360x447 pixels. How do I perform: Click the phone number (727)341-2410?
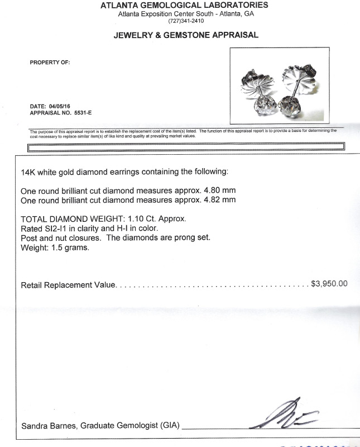tap(186, 21)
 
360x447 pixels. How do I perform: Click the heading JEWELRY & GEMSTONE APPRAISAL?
tap(186, 35)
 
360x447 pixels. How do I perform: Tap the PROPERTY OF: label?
tap(50, 63)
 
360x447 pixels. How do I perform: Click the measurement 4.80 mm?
tap(217, 190)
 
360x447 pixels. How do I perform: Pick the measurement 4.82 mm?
tap(217, 199)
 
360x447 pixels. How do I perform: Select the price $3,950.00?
tap(329, 284)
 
